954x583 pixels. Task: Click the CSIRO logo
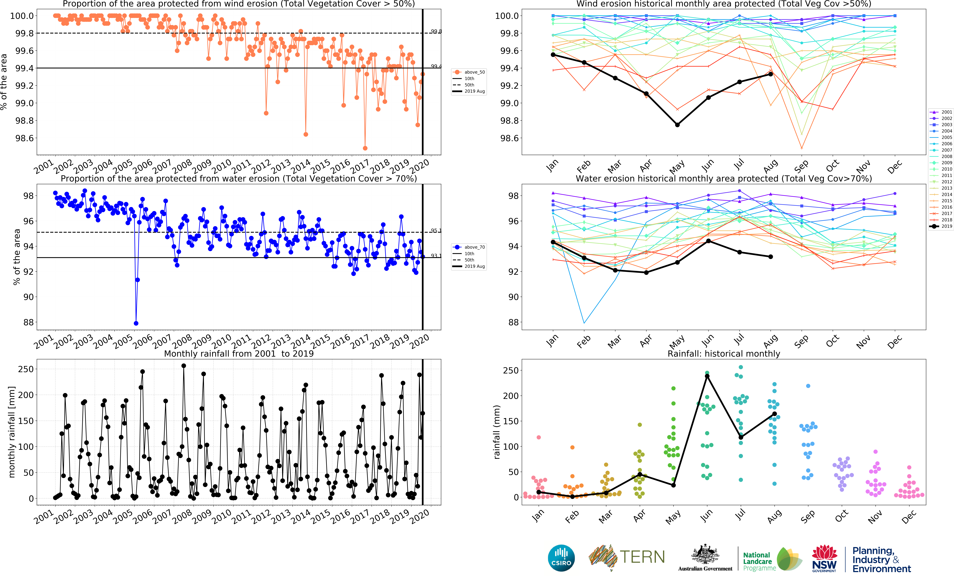point(561,558)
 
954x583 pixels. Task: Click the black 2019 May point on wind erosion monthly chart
point(677,125)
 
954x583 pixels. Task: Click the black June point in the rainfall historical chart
point(707,376)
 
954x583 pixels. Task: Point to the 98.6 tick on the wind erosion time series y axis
point(24,138)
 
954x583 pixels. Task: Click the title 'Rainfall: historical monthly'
point(724,353)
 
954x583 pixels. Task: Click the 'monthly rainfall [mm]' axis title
point(12,432)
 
